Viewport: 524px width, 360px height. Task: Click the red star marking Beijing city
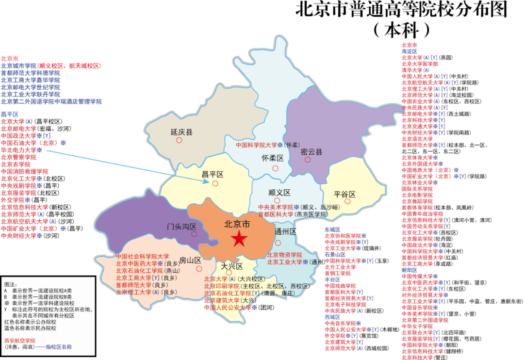pyautogui.click(x=239, y=239)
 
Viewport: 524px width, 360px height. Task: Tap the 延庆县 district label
pyautogui.click(x=181, y=131)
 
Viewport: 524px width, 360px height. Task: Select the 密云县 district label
pyautogui.click(x=311, y=151)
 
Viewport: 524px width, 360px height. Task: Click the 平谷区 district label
pyautogui.click(x=345, y=194)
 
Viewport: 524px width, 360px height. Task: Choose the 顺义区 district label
pyautogui.click(x=278, y=192)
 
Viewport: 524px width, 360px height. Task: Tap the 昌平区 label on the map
pyautogui.click(x=213, y=174)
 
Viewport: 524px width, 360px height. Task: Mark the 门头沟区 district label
pyautogui.click(x=181, y=226)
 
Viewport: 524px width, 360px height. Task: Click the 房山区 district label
pyautogui.click(x=190, y=260)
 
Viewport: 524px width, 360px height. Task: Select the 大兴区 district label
pyautogui.click(x=232, y=266)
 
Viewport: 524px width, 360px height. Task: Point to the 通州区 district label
pyautogui.click(x=285, y=231)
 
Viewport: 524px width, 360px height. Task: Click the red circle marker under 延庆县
pyautogui.click(x=179, y=140)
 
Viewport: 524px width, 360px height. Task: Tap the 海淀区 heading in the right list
pyautogui.click(x=409, y=51)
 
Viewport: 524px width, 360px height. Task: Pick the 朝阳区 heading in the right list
pyautogui.click(x=409, y=270)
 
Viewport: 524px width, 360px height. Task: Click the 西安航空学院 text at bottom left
pyautogui.click(x=20, y=341)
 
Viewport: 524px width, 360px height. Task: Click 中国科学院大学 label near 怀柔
pyautogui.click(x=256, y=145)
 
